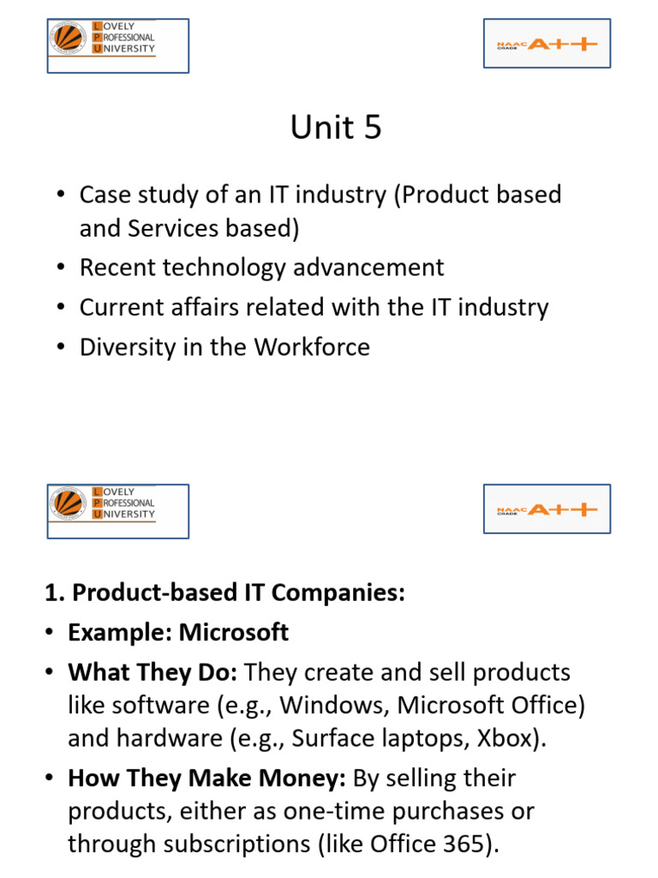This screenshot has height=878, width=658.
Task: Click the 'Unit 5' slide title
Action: click(x=336, y=128)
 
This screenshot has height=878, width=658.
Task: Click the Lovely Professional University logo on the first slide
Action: click(x=117, y=45)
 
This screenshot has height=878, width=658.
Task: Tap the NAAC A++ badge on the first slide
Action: click(x=547, y=44)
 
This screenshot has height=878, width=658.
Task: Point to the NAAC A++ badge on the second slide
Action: click(x=547, y=509)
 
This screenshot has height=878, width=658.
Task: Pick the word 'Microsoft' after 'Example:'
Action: click(x=234, y=633)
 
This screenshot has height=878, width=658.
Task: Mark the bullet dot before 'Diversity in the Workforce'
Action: click(x=60, y=347)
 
